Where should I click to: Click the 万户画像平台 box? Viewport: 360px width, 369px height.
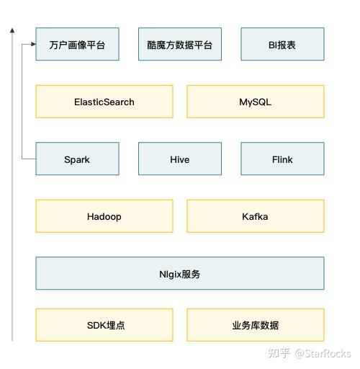click(x=77, y=45)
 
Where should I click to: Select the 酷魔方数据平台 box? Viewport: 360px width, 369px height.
click(x=180, y=45)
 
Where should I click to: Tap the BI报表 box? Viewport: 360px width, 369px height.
click(x=282, y=45)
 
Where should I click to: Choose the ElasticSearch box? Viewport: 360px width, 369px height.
click(x=104, y=102)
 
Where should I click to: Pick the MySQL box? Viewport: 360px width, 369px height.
click(x=256, y=102)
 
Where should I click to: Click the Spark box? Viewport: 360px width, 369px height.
click(x=77, y=159)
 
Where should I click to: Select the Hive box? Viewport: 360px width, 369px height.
click(x=180, y=159)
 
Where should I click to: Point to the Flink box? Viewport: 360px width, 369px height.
click(x=282, y=159)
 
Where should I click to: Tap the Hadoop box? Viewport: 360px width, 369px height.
click(x=104, y=216)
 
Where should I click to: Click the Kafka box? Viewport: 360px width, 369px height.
click(x=256, y=216)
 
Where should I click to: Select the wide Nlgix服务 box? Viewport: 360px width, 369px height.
click(x=180, y=274)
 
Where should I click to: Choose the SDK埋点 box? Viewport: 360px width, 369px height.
click(x=104, y=325)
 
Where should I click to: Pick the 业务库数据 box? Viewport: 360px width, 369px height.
click(x=256, y=325)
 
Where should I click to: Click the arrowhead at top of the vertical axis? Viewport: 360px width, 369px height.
click(x=12, y=31)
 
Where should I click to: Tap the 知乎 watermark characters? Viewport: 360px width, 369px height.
click(x=279, y=354)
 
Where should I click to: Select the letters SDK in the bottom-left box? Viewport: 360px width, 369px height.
click(x=94, y=325)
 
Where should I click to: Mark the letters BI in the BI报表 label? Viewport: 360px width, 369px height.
click(x=272, y=45)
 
